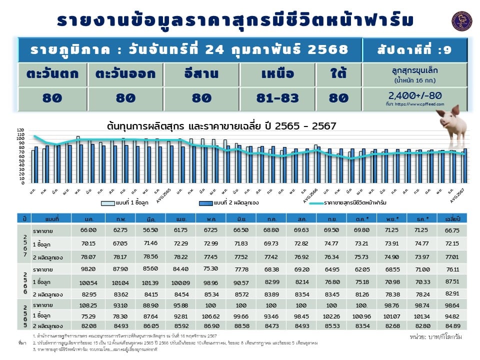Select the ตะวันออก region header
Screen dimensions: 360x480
pyautogui.click(x=125, y=74)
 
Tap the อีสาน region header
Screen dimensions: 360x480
pyautogui.click(x=200, y=74)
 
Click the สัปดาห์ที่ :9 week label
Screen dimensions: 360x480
pyautogui.click(x=415, y=49)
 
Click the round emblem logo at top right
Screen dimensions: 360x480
pyautogui.click(x=461, y=21)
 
